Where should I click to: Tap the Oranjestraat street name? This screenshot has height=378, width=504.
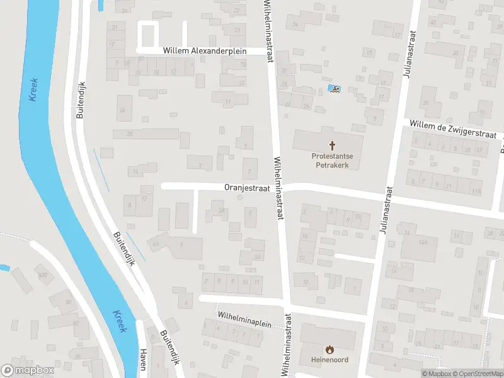coord(248,187)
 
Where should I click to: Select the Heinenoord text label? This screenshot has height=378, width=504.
coord(328,360)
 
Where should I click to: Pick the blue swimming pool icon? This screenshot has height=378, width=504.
coord(334,89)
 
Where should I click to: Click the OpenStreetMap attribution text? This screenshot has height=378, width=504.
coord(476,374)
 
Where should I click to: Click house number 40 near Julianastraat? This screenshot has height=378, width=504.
coord(433,23)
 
